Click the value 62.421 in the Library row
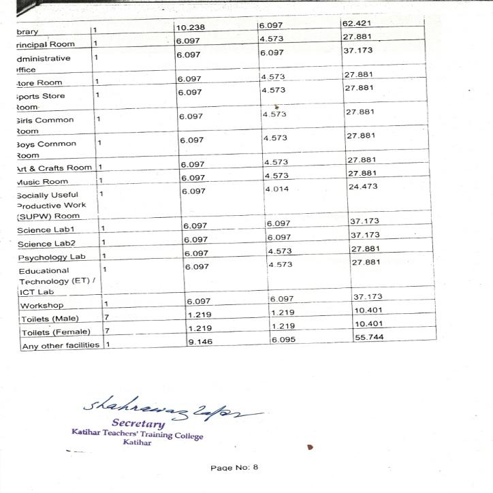(x=357, y=25)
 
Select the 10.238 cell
(x=191, y=28)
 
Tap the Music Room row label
(x=42, y=182)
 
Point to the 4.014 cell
(x=278, y=188)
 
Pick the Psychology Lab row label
(x=52, y=257)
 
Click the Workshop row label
(x=42, y=306)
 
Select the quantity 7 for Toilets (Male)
(x=106, y=318)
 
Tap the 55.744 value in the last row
(x=369, y=337)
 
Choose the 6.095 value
(x=283, y=340)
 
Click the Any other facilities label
(x=60, y=345)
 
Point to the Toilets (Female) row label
(x=56, y=332)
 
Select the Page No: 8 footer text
(x=234, y=467)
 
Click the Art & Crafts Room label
(x=54, y=168)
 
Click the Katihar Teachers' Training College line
(x=137, y=434)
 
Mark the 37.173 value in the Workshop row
(x=368, y=297)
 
